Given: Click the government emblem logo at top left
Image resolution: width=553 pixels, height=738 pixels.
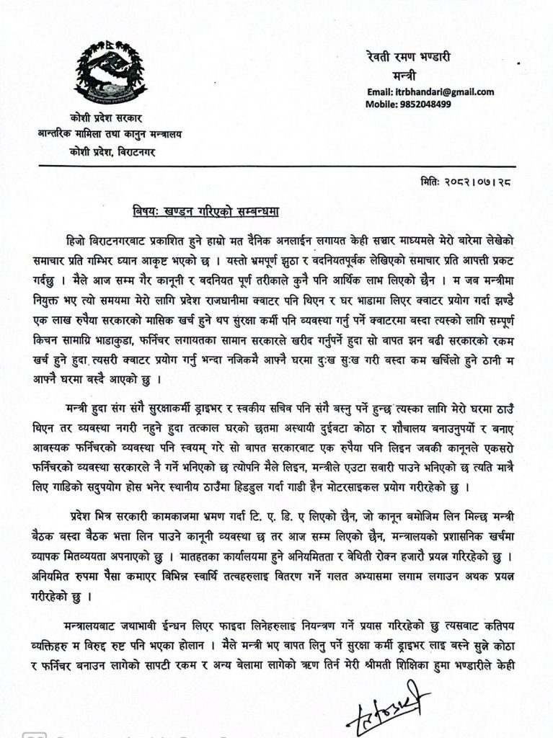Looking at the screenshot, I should coord(111,71).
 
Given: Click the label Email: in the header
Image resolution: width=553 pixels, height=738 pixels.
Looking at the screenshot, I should coord(381,92).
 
